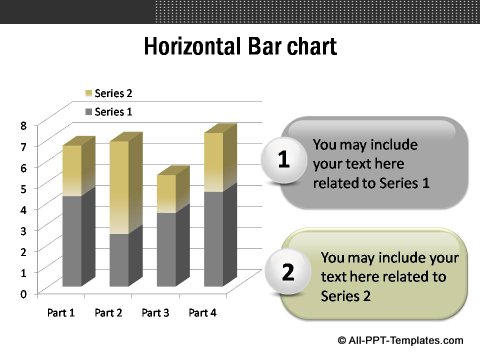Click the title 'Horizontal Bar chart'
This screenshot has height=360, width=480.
coord(240,47)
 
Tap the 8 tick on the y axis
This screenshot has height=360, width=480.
coord(24,126)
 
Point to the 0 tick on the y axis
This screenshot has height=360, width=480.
coord(24,293)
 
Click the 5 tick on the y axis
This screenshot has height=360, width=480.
coord(24,189)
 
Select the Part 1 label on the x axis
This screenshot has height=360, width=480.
coord(61,313)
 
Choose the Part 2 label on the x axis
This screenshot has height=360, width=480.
coord(108,313)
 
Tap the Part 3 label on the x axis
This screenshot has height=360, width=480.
coord(155,313)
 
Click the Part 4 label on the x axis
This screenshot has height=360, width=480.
coord(203,313)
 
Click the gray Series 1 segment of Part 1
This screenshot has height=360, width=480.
coord(71,240)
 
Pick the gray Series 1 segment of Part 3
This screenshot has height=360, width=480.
coord(166,248)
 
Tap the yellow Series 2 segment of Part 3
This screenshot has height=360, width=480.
coord(166,192)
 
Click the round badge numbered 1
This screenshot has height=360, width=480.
coord(284,160)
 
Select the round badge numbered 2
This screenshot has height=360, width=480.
coord(288,272)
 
